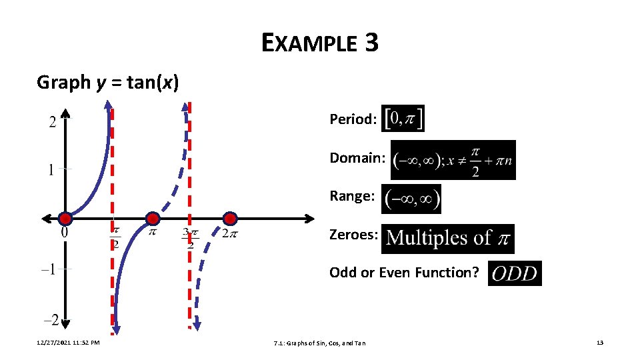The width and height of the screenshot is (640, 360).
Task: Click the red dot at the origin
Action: click(65, 219)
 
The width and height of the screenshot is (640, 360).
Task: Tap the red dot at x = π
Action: click(153, 219)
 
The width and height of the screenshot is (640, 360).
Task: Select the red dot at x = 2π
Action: click(230, 219)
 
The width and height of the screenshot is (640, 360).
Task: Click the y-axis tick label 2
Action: click(51, 122)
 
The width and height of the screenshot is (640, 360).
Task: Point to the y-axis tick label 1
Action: click(51, 170)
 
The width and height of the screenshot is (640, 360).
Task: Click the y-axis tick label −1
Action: click(49, 269)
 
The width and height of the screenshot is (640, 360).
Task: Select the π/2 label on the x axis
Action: click(115, 237)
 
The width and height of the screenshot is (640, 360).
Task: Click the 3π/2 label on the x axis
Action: click(189, 238)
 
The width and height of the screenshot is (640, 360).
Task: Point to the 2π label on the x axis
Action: click(229, 233)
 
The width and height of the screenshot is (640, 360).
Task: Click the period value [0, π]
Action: click(403, 119)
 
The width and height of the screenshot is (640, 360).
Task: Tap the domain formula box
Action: click(453, 160)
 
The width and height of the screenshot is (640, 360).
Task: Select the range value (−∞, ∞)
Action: click(412, 199)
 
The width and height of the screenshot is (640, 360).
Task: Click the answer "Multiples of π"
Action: click(448, 238)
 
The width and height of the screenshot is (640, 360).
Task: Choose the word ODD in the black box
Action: click(515, 273)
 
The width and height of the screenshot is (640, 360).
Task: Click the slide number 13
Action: click(599, 343)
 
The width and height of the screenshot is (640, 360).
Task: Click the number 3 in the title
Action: click(371, 44)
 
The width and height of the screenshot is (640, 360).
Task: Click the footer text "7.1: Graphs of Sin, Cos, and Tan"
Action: click(319, 343)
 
